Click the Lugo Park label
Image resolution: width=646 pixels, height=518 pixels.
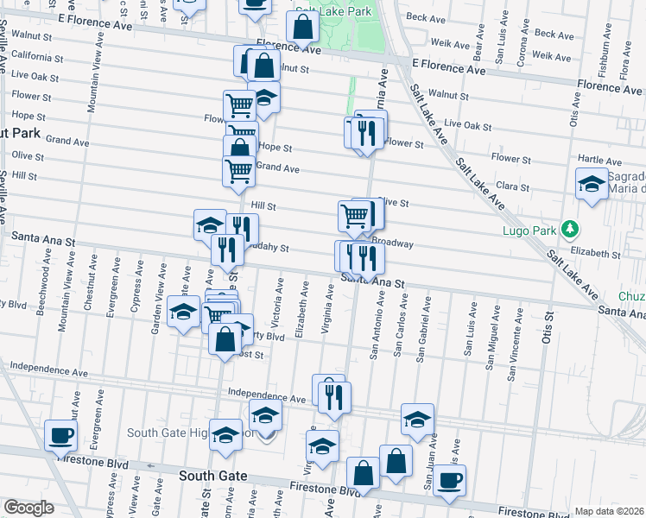pyautogui.click(x=528, y=231)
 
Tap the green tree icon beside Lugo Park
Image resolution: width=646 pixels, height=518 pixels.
pyautogui.click(x=569, y=230)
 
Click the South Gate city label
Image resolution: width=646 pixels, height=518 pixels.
pyautogui.click(x=213, y=476)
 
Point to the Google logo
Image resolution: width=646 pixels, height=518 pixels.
pyautogui.click(x=28, y=508)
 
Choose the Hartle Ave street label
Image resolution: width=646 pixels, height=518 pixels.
pyautogui.click(x=599, y=161)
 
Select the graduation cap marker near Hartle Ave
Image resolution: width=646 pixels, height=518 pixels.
pyautogui.click(x=592, y=184)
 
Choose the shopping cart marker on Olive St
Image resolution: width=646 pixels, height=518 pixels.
pyautogui.click(x=354, y=215)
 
